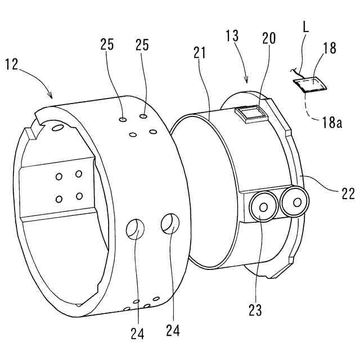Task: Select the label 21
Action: coord(199,53)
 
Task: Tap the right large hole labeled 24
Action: coord(170,223)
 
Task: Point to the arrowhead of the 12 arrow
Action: coord(52,97)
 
